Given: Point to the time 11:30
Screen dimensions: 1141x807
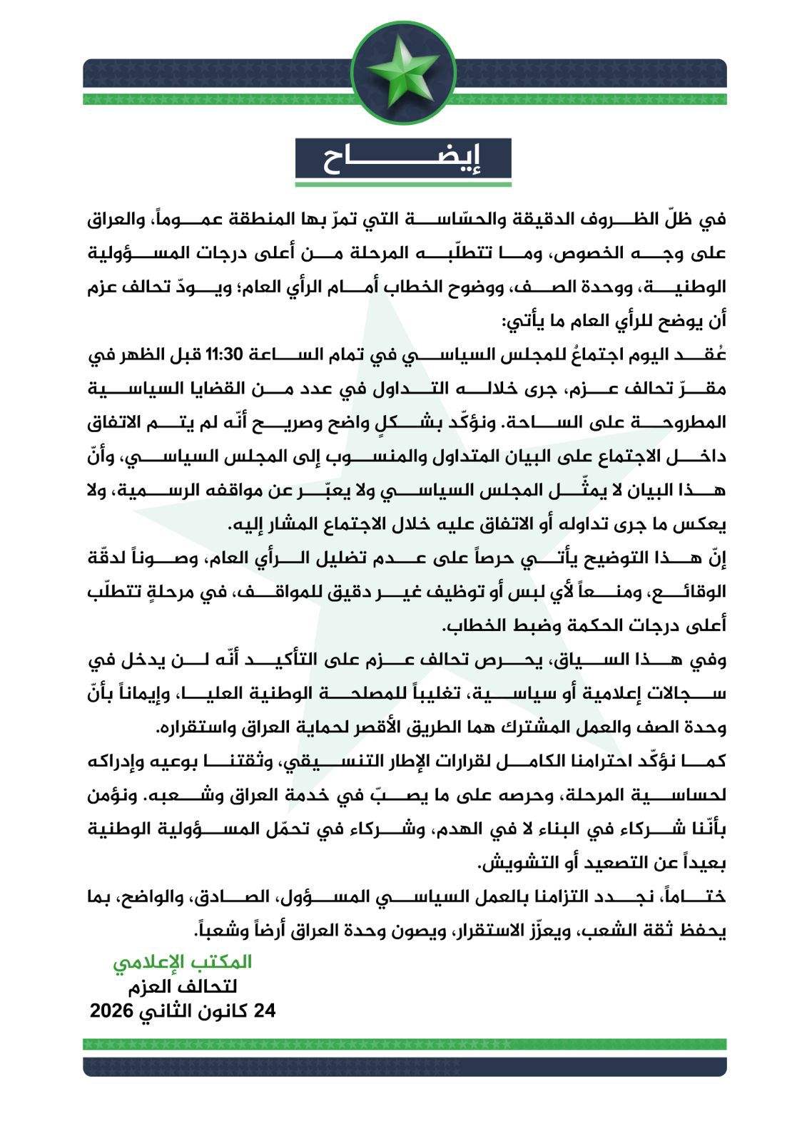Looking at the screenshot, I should pos(225,354).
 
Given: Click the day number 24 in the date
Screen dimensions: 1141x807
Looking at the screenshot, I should pos(264,1011).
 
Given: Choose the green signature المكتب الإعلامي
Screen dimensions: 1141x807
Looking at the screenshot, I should pos(182,962).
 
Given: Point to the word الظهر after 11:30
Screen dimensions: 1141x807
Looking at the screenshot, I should pos(143,354).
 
